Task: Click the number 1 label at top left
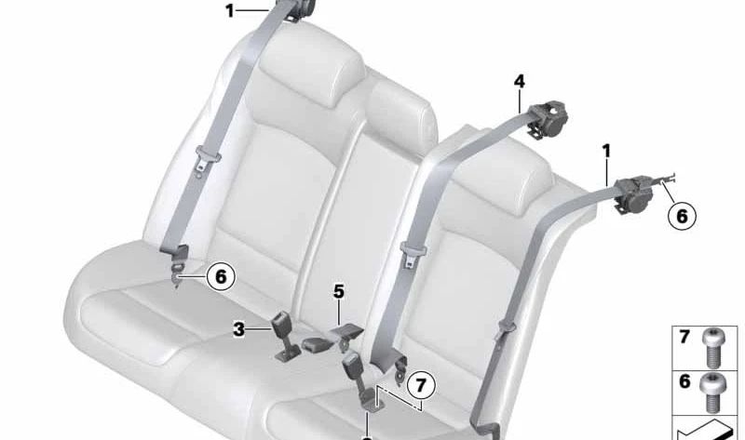click(230, 10)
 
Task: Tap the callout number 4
click(520, 82)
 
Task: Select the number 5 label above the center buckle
click(338, 291)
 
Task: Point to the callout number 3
click(238, 329)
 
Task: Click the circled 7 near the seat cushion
click(421, 385)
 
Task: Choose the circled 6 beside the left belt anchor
click(221, 276)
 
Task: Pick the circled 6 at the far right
click(682, 217)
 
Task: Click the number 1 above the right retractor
click(606, 152)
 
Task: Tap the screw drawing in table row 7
click(711, 348)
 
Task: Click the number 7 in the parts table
click(684, 337)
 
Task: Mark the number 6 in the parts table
click(684, 381)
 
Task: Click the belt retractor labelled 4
click(549, 118)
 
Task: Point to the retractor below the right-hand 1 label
click(637, 194)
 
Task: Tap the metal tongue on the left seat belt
click(208, 160)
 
